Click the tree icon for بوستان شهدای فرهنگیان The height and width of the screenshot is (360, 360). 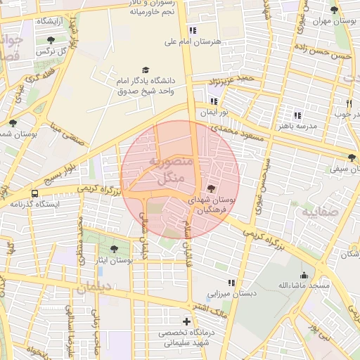click(212, 188)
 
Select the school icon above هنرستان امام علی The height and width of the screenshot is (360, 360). click(193, 30)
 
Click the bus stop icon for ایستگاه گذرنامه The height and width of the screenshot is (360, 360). click(34, 193)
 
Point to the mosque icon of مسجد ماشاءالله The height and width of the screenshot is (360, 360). click(304, 275)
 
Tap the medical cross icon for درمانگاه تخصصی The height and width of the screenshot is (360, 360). click(186, 321)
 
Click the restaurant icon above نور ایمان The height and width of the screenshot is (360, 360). click(214, 101)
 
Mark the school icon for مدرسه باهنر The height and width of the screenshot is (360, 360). click(297, 115)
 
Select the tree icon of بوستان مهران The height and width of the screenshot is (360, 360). click(333, 10)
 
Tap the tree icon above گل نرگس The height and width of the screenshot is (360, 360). click(50, 40)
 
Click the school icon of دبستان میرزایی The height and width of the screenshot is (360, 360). click(231, 282)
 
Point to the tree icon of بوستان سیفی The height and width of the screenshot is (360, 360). click(352, 157)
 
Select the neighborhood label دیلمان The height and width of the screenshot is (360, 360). click(95, 288)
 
